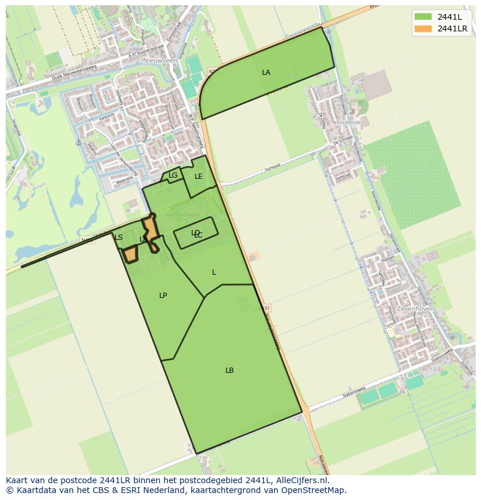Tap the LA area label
pyautogui.click(x=266, y=73)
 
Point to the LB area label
pyautogui.click(x=229, y=370)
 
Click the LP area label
pyautogui.click(x=163, y=296)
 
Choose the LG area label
pyautogui.click(x=173, y=175)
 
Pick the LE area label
pyautogui.click(x=199, y=177)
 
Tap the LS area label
pyautogui.click(x=119, y=238)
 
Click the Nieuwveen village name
pyautogui.click(x=160, y=60)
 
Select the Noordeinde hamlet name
pyautogui.click(x=349, y=123)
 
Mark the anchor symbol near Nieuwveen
pyautogui.click(x=78, y=142)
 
